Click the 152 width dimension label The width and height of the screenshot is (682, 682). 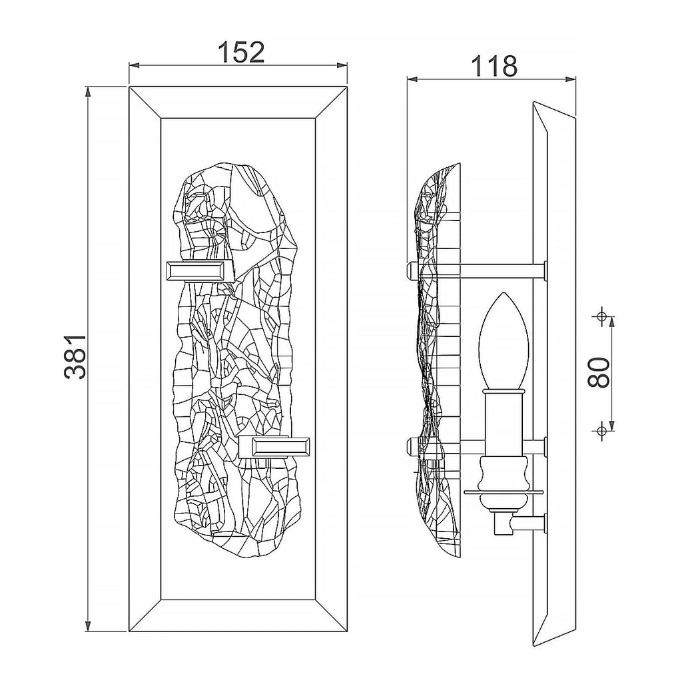pyautogui.click(x=240, y=52)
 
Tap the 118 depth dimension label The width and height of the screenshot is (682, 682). pyautogui.click(x=495, y=67)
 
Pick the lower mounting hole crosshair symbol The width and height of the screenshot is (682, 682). pyautogui.click(x=601, y=430)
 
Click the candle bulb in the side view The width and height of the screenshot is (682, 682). pyautogui.click(x=504, y=341)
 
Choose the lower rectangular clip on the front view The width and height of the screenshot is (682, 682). pyautogui.click(x=276, y=447)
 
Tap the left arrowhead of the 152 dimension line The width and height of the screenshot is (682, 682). pyautogui.click(x=134, y=66)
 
